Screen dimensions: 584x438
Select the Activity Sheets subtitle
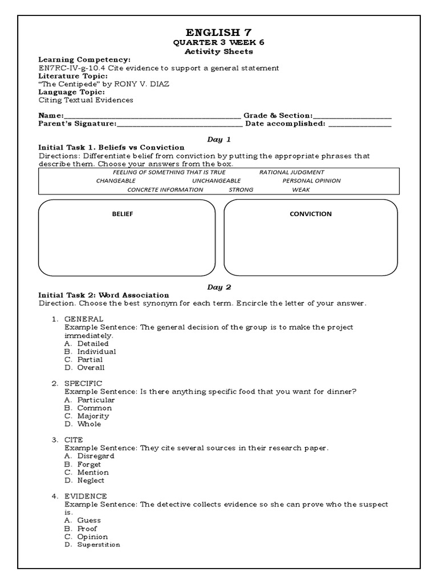click(219, 51)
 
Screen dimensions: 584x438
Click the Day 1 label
click(219, 139)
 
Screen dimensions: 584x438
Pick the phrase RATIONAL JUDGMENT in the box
click(291, 172)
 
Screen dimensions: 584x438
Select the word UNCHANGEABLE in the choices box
click(213, 181)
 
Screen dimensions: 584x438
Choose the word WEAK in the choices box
click(301, 190)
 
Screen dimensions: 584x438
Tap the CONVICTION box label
click(311, 214)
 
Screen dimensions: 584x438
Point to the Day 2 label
click(219, 287)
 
